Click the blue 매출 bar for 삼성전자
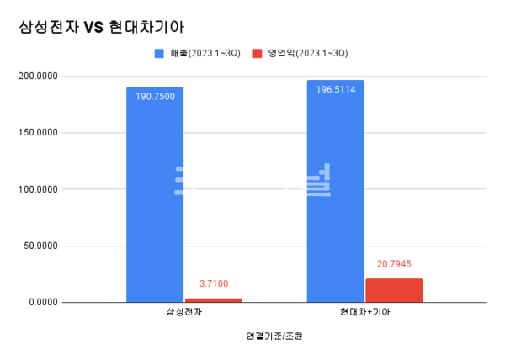coord(155,193)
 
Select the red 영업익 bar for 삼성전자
coord(213,299)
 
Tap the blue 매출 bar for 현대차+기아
coord(335,191)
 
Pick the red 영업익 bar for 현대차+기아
coord(394,289)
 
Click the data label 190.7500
coord(155,96)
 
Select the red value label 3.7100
coord(213,284)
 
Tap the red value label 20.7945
coord(394,264)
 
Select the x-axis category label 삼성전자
coord(183,313)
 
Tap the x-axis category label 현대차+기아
coord(364,313)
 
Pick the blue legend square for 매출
coord(157,52)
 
